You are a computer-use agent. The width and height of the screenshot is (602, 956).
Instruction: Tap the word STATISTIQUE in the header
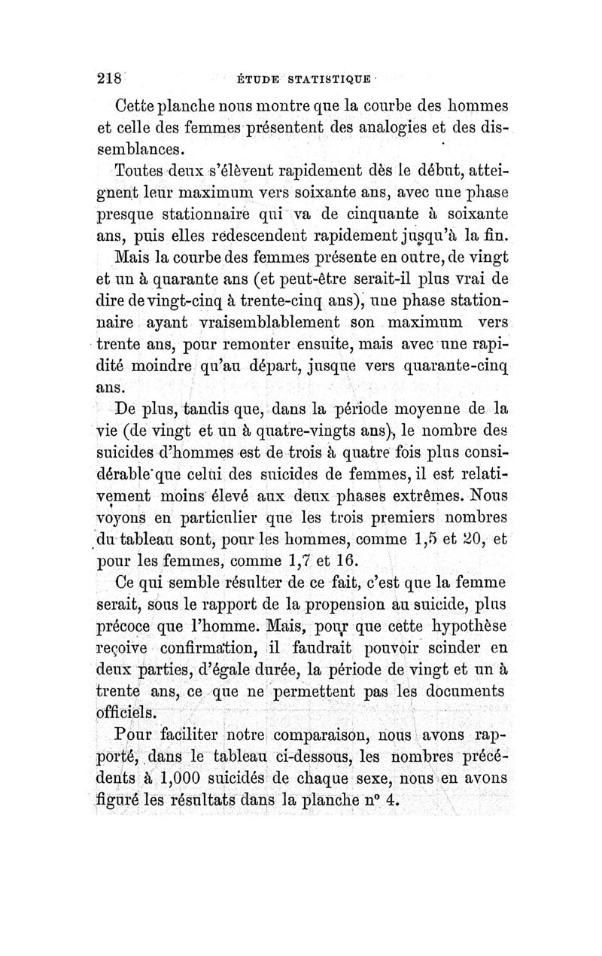(x=326, y=79)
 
